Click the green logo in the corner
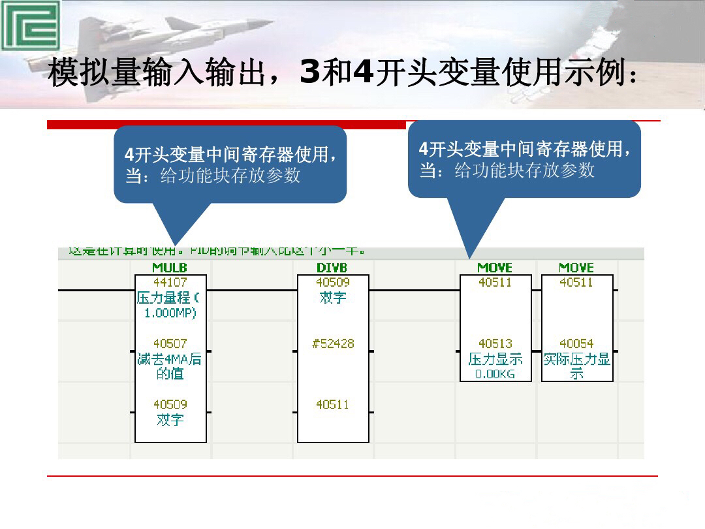[x=30, y=25]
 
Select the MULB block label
[x=170, y=268]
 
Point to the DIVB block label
[x=332, y=268]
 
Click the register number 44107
[x=170, y=283]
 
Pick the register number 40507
[x=170, y=344]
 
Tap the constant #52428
[x=333, y=344]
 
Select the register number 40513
[x=495, y=344]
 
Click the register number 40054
[x=576, y=344]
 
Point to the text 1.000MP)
[x=170, y=313]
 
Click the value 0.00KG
[x=495, y=374]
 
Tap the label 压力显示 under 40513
[x=495, y=359]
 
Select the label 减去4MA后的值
[x=170, y=366]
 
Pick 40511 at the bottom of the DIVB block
[x=333, y=405]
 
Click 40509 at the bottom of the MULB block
[x=170, y=405]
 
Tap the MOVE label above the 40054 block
[x=576, y=268]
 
